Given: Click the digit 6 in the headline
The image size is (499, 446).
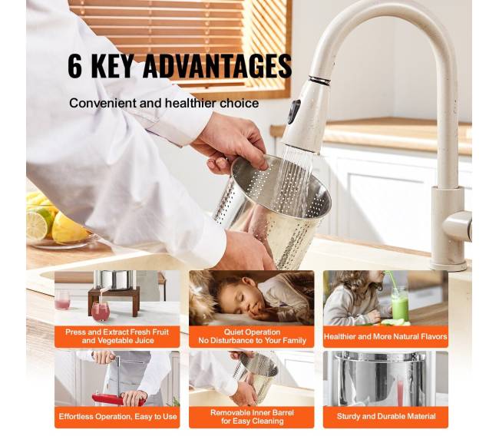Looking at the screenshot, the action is click(x=75, y=66).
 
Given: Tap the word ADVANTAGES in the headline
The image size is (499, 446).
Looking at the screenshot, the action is click(x=217, y=66).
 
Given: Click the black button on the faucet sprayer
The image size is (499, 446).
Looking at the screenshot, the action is click(x=294, y=112).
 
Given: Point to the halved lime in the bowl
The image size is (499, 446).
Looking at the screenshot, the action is click(x=35, y=224).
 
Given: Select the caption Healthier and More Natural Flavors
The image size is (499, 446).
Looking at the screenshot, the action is click(x=385, y=336).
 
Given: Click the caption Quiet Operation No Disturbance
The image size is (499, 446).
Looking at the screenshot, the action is click(x=252, y=336).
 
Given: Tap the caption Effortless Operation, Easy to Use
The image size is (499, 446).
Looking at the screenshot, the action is click(x=117, y=417).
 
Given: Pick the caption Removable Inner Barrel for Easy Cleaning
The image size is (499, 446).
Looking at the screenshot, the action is click(x=252, y=417).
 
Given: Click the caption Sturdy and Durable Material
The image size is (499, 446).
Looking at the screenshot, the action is click(x=386, y=416).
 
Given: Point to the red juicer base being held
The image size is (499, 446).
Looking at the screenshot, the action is click(x=118, y=400).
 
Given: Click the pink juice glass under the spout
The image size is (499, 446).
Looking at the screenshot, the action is click(x=101, y=311).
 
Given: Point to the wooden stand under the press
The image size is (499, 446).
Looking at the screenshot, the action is click(x=114, y=301).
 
